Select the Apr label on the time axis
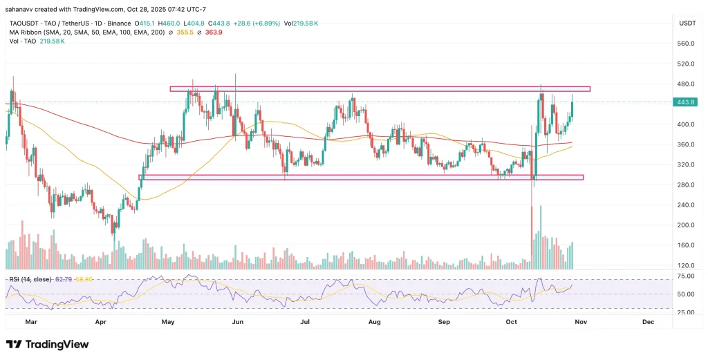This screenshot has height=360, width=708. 101,322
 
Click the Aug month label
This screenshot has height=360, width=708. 375,322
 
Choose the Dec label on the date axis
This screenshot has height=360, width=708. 648,322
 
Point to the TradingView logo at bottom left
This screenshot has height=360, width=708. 47,344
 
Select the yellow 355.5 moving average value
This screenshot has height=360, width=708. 185,33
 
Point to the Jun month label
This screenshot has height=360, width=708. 238,322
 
